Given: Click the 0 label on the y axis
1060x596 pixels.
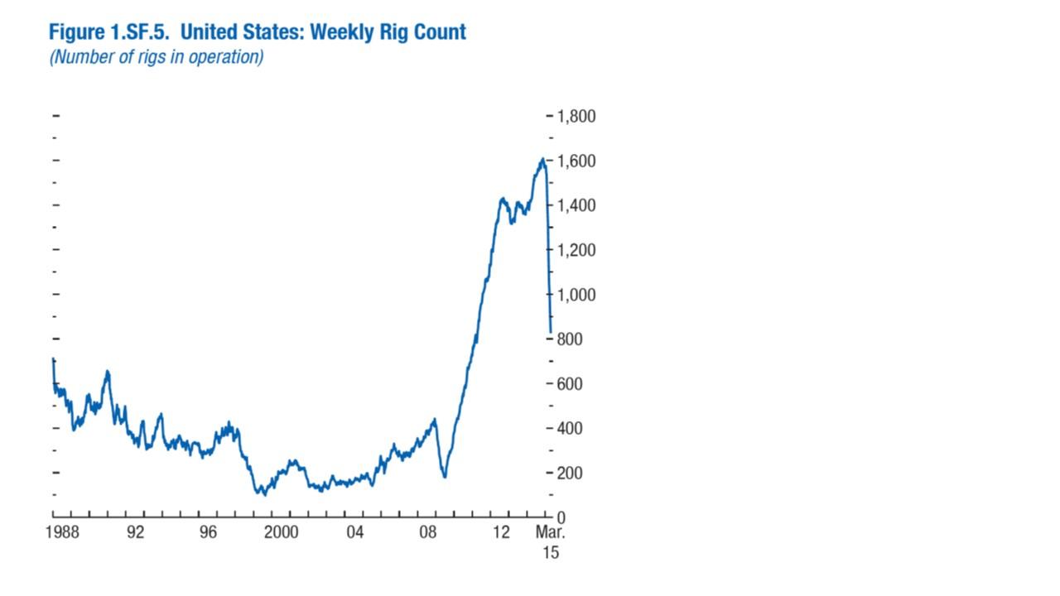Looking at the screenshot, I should (x=561, y=518).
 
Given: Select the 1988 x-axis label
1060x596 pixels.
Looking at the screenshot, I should (x=62, y=532).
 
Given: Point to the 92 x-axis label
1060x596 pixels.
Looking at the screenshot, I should (x=135, y=532).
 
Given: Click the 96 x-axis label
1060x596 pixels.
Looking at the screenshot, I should (x=208, y=532).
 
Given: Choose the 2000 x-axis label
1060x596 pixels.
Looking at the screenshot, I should (x=282, y=532).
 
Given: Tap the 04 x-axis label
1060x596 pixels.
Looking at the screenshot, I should (x=354, y=532).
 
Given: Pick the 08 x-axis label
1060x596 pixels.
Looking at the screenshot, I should (x=427, y=532).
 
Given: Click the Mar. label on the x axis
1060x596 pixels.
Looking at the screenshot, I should (x=550, y=532).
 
